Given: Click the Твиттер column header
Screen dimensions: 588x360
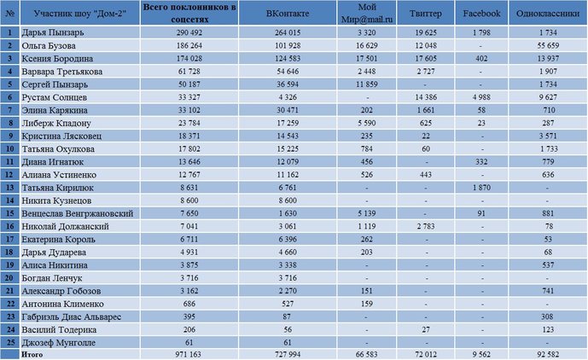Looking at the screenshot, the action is [426, 14].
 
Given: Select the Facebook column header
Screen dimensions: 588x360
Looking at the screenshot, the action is [481, 14].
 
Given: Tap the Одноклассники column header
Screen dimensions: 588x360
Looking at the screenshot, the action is [548, 14].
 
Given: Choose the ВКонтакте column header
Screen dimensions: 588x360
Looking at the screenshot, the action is [288, 14].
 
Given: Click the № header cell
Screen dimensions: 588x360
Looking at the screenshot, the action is [10, 14].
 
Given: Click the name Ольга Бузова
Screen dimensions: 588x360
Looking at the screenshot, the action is [49, 46].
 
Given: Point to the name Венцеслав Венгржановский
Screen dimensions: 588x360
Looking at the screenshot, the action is [78, 213].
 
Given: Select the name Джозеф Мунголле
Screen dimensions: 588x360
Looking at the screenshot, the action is [59, 343].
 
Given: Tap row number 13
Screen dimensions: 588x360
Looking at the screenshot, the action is [10, 188].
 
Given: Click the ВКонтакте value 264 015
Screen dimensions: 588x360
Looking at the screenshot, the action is [288, 32].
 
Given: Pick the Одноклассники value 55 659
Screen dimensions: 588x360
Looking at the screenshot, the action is [548, 46].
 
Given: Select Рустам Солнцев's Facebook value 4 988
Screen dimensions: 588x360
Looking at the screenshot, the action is [481, 97].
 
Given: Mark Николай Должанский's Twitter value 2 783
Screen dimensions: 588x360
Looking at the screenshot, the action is [426, 227].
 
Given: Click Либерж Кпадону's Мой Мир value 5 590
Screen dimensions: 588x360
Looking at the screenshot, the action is [367, 123].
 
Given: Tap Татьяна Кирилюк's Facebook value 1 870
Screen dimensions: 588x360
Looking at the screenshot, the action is [481, 188].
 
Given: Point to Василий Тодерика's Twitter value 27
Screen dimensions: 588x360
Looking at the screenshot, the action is [426, 329].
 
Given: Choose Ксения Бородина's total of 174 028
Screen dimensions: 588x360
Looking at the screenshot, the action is [189, 59].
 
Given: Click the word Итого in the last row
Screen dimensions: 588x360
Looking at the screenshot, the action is [32, 354].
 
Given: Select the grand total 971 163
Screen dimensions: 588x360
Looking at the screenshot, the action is [189, 354].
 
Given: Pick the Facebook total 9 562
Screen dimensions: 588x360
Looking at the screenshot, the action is [481, 354].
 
